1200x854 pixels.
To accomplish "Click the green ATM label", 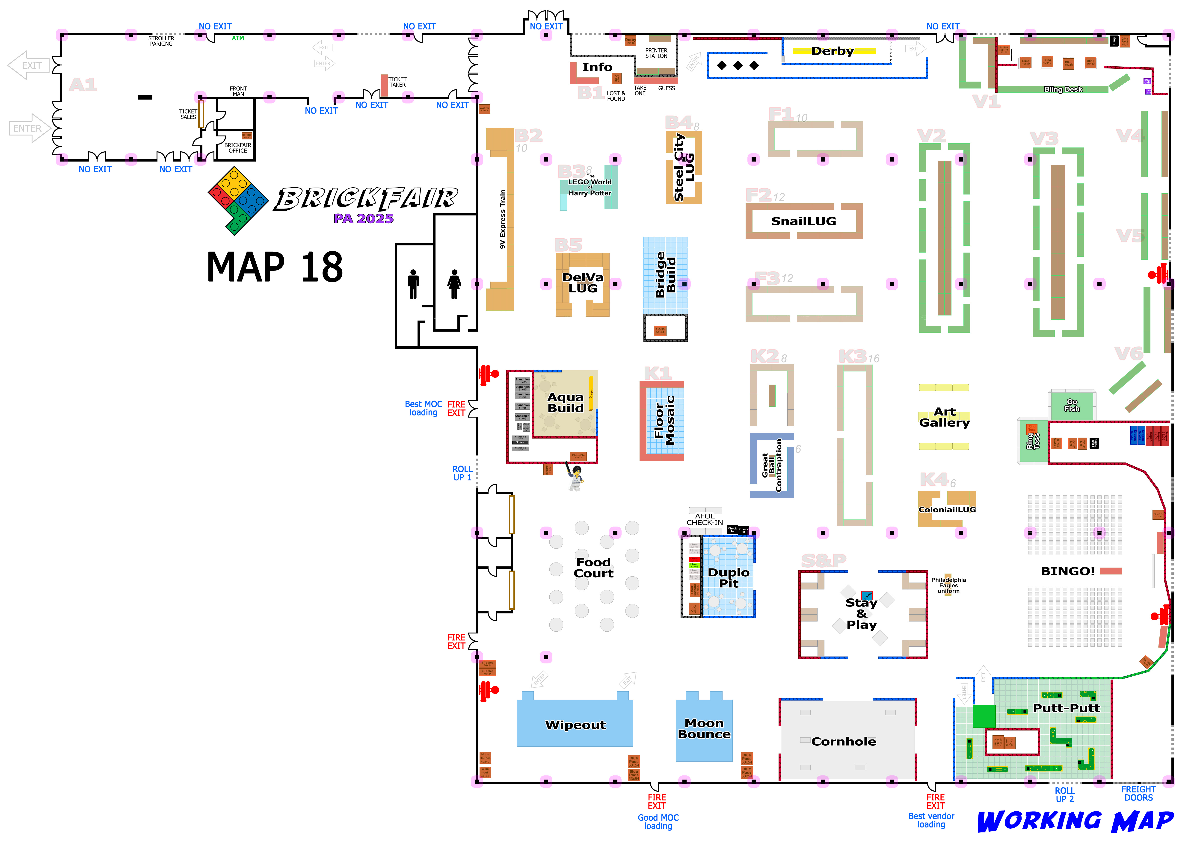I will pyautogui.click(x=238, y=38).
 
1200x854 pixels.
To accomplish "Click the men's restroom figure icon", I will pyautogui.click(x=414, y=284).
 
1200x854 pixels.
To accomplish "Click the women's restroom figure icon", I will pyautogui.click(x=454, y=284).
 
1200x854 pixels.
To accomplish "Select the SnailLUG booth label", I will pyautogui.click(x=803, y=221).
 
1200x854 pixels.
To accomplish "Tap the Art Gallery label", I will pyautogui.click(x=944, y=417).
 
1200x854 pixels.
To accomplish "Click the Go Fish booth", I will pyautogui.click(x=1072, y=405).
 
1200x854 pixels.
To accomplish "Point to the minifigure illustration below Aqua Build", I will pyautogui.click(x=576, y=477).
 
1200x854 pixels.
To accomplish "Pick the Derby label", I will pyautogui.click(x=832, y=51).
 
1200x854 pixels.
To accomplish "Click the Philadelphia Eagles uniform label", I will pyautogui.click(x=948, y=585).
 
